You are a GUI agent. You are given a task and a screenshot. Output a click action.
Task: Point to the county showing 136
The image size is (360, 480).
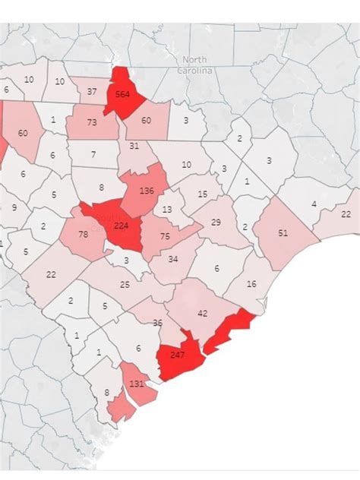tap(147, 189)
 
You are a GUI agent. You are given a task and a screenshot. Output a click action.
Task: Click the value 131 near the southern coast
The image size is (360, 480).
tap(137, 384)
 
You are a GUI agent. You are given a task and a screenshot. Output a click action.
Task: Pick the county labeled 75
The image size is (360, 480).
tap(163, 236)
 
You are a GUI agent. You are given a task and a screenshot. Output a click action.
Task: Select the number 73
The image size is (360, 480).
tap(92, 122)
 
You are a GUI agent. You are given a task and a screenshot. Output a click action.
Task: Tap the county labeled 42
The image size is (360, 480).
tap(202, 313)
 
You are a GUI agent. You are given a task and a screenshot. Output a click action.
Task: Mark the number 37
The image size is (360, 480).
tap(92, 92)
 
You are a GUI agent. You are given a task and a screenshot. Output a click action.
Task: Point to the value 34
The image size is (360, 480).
tap(172, 260)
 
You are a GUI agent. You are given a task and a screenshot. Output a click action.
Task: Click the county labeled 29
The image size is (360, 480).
tap(216, 222)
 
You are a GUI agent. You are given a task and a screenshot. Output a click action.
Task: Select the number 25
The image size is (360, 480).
tap(125, 284)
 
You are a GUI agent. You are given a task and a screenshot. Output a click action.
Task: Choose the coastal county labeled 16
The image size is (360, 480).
tap(252, 283)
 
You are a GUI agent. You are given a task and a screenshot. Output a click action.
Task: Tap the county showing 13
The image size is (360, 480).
tap(168, 209)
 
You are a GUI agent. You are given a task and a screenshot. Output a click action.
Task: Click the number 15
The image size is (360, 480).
tap(202, 194)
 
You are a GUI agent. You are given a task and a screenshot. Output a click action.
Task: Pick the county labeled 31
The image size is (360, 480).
tap(134, 146)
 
